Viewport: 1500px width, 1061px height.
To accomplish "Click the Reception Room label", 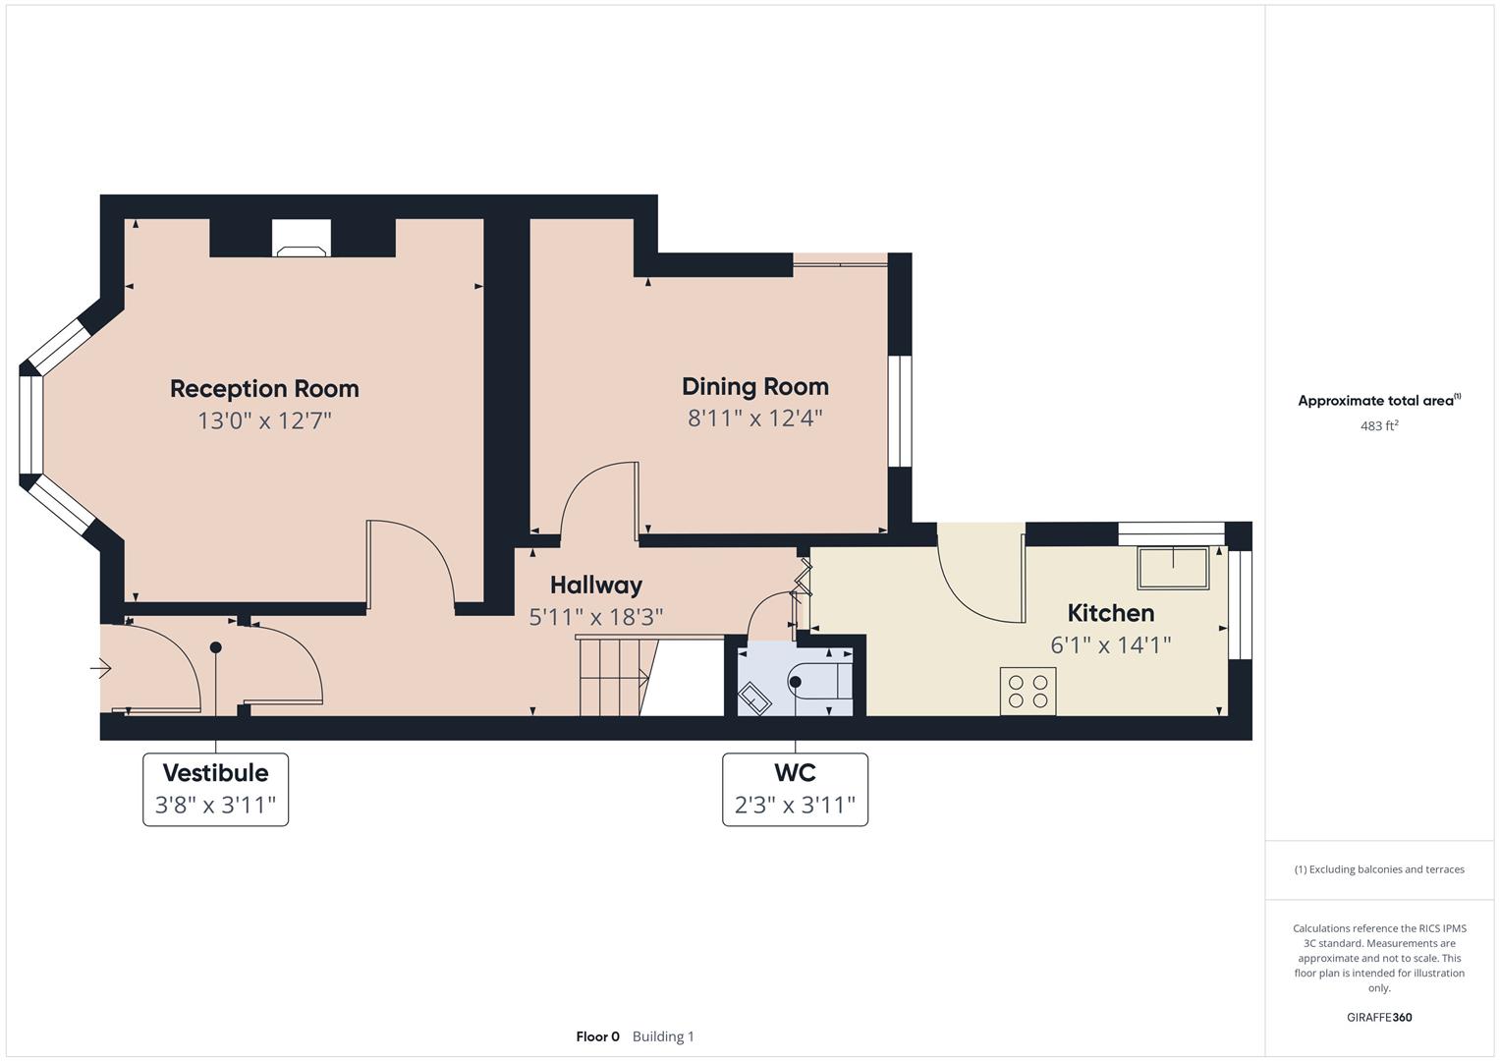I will (x=264, y=389).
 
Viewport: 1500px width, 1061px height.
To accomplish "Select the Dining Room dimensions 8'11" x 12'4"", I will (x=754, y=419).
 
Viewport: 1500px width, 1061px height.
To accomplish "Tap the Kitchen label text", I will (x=1110, y=613).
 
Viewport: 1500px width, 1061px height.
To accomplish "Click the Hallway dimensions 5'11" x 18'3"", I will (x=595, y=617).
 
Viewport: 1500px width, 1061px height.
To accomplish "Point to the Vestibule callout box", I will (x=215, y=789).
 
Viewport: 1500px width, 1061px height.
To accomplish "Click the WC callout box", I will (x=795, y=789).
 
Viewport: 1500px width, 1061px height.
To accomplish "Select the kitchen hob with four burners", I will (x=1028, y=691).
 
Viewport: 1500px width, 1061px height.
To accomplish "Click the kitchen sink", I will (x=1173, y=569).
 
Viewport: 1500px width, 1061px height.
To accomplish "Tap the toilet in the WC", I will (x=821, y=680).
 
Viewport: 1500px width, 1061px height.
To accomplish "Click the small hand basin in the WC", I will (x=757, y=698).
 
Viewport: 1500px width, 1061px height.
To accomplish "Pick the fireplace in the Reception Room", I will (x=303, y=239).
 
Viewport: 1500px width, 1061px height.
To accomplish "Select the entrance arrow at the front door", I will (x=101, y=669).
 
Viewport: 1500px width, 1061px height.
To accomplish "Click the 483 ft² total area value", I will (x=1378, y=426).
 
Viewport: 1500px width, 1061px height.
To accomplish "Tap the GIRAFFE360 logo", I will (x=1378, y=1017).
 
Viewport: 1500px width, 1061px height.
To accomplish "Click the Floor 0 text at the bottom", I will (x=597, y=1036).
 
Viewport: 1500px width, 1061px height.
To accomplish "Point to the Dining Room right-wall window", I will (x=899, y=411).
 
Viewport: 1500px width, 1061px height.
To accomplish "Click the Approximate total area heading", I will (x=1378, y=401).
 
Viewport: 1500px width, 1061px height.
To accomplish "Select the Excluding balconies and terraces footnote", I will (x=1378, y=869).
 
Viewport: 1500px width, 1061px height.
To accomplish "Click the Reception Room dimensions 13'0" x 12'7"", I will (x=264, y=421).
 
